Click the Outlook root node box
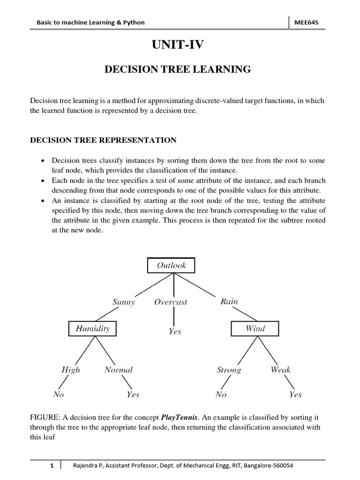(171, 265)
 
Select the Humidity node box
(93, 329)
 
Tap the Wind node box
(255, 329)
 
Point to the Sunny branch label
(124, 302)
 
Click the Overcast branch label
(171, 302)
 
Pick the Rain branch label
(229, 301)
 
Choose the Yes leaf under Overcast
(175, 331)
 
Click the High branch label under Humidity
(71, 370)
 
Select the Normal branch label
(119, 370)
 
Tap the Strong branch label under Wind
(229, 370)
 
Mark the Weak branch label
(280, 370)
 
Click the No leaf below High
(59, 395)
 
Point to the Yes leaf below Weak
(295, 395)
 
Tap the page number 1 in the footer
(52, 466)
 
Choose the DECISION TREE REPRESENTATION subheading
(103, 140)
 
